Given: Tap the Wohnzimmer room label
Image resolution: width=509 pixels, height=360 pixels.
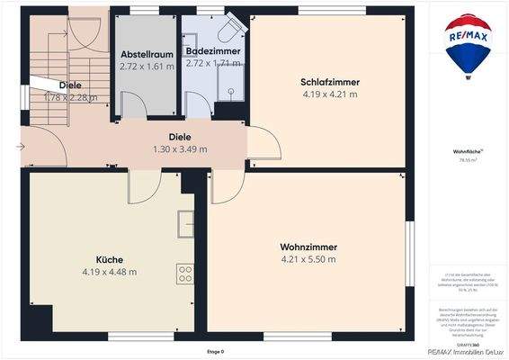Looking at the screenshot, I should point(308,247).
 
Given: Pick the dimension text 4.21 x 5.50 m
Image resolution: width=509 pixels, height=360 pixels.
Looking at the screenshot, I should point(308,259).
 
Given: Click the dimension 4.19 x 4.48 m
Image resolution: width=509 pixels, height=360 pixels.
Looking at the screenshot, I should point(109,271).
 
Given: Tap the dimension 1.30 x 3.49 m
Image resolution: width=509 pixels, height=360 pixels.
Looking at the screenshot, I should point(180,149).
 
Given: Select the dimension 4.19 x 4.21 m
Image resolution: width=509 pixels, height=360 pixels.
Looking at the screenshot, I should point(329,94).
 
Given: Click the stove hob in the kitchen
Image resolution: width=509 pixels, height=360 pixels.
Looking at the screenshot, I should point(186,274).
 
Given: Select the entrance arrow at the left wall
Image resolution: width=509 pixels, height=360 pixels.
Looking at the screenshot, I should point(20,146).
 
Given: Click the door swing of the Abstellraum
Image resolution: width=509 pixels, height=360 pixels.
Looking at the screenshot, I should point(133,104).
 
